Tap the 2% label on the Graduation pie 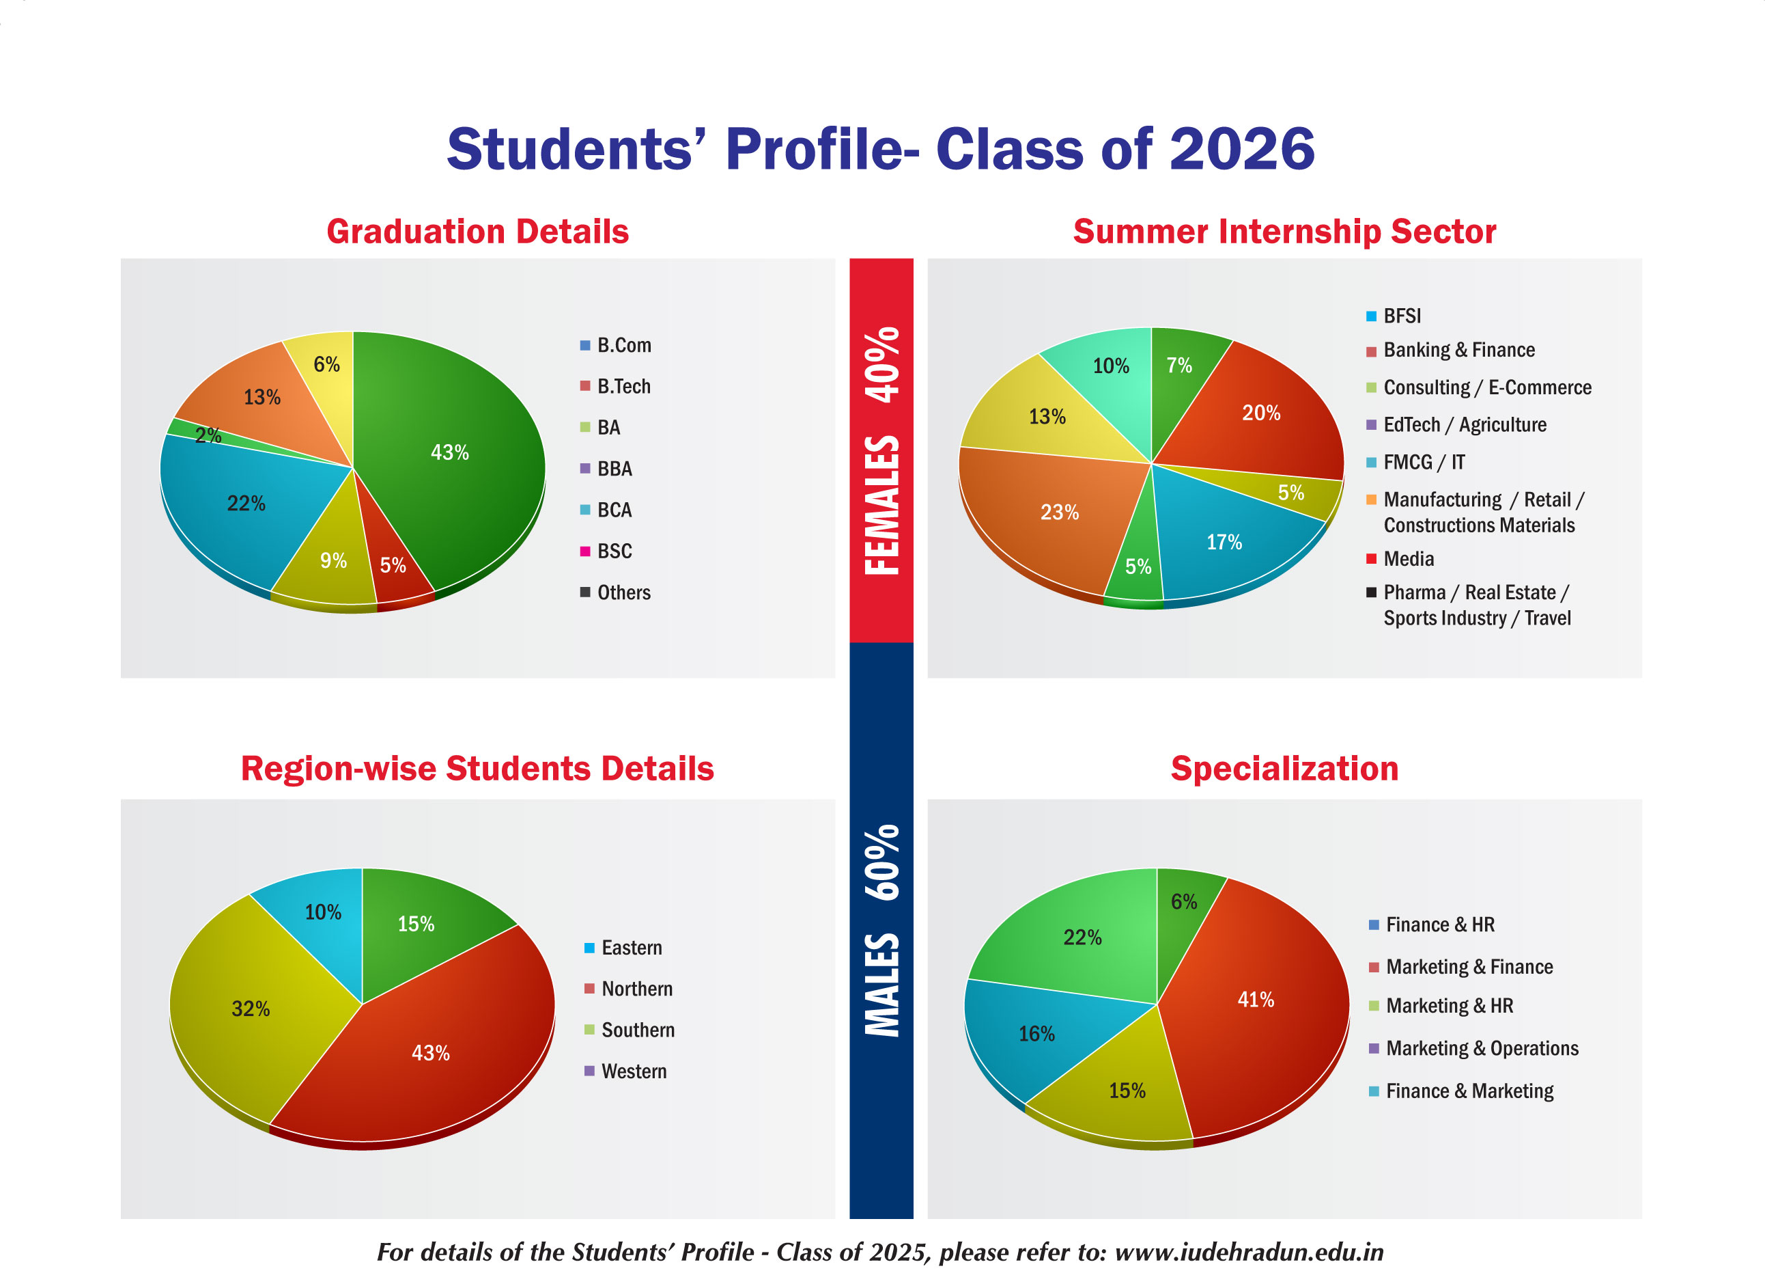click(x=208, y=435)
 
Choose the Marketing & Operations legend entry click(x=1474, y=1048)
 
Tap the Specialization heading click(x=1285, y=769)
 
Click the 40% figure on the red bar click(x=881, y=364)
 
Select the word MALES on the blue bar click(x=881, y=985)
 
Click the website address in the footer click(x=1249, y=1252)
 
